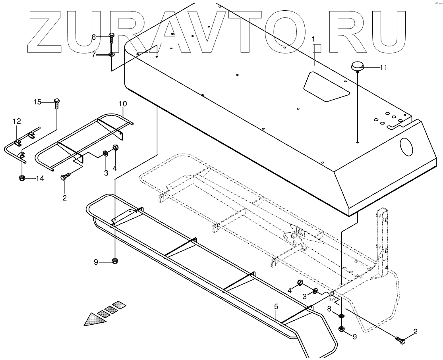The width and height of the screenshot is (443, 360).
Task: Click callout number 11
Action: tap(383, 67)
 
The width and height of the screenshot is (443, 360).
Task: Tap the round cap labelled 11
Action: tap(358, 66)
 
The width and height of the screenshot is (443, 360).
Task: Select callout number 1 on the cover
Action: tap(313, 39)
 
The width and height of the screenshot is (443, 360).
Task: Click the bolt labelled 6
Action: tap(112, 39)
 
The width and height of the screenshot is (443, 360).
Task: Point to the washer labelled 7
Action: tap(111, 54)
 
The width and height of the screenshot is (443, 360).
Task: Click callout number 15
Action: tap(37, 102)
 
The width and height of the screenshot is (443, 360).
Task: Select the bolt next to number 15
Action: tap(56, 103)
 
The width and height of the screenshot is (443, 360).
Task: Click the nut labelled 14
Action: tap(22, 178)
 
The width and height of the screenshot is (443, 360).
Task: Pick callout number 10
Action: tap(123, 104)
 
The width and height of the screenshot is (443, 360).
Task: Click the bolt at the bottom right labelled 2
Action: tap(400, 339)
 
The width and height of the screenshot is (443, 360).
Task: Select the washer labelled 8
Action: tap(341, 315)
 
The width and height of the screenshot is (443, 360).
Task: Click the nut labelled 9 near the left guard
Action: tap(114, 261)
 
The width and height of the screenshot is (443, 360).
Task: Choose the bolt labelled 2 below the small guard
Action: tap(65, 176)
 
